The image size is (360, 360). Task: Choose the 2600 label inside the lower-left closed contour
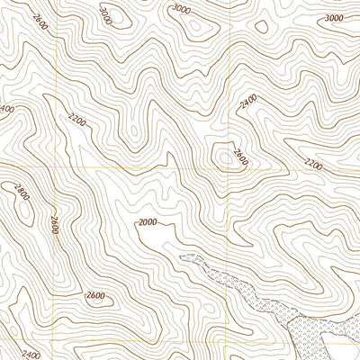tap(96, 296)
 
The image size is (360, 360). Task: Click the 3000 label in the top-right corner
tap(334, 18)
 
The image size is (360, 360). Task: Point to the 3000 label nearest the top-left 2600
tap(107, 15)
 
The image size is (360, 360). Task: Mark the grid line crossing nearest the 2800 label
tap(57, 168)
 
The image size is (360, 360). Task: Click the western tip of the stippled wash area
tap(182, 258)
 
